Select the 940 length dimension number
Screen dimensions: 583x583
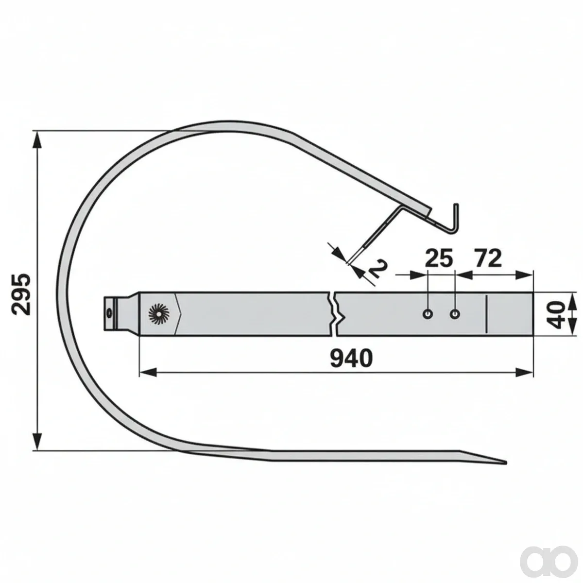pos(351,358)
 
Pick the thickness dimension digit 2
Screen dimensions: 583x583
pos(378,269)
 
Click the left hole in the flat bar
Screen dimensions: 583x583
pos(428,314)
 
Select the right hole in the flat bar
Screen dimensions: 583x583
pos(454,314)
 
